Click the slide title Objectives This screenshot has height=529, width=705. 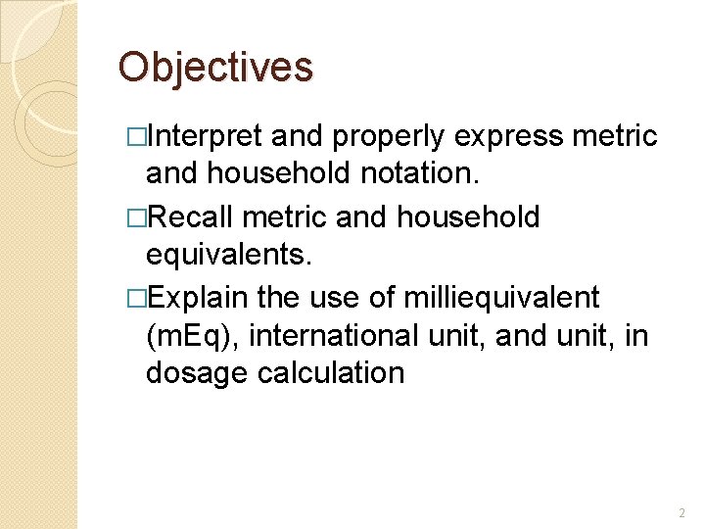[215, 67]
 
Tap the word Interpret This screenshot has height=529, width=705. [204, 136]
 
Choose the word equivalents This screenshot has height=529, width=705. [228, 255]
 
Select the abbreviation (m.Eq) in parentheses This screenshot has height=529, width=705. [193, 334]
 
